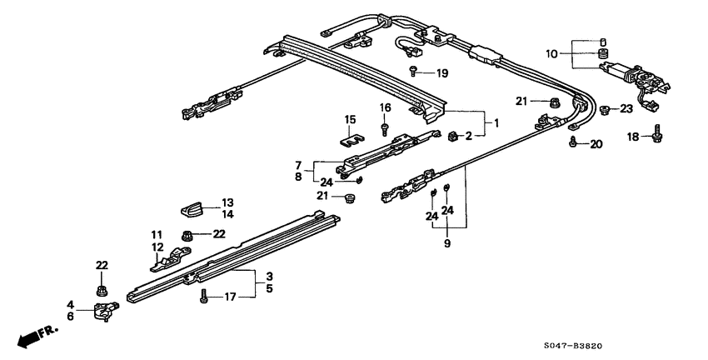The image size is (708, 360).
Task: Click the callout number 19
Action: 441,73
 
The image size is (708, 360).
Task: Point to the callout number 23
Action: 626,108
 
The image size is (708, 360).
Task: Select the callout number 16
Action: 385,107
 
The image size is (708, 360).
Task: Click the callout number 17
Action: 230,296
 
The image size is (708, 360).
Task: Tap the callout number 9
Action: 447,243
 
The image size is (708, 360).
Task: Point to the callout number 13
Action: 227,202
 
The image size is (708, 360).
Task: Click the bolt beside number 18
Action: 658,134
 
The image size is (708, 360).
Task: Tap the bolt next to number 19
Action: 414,72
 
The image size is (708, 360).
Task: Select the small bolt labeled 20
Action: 574,144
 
